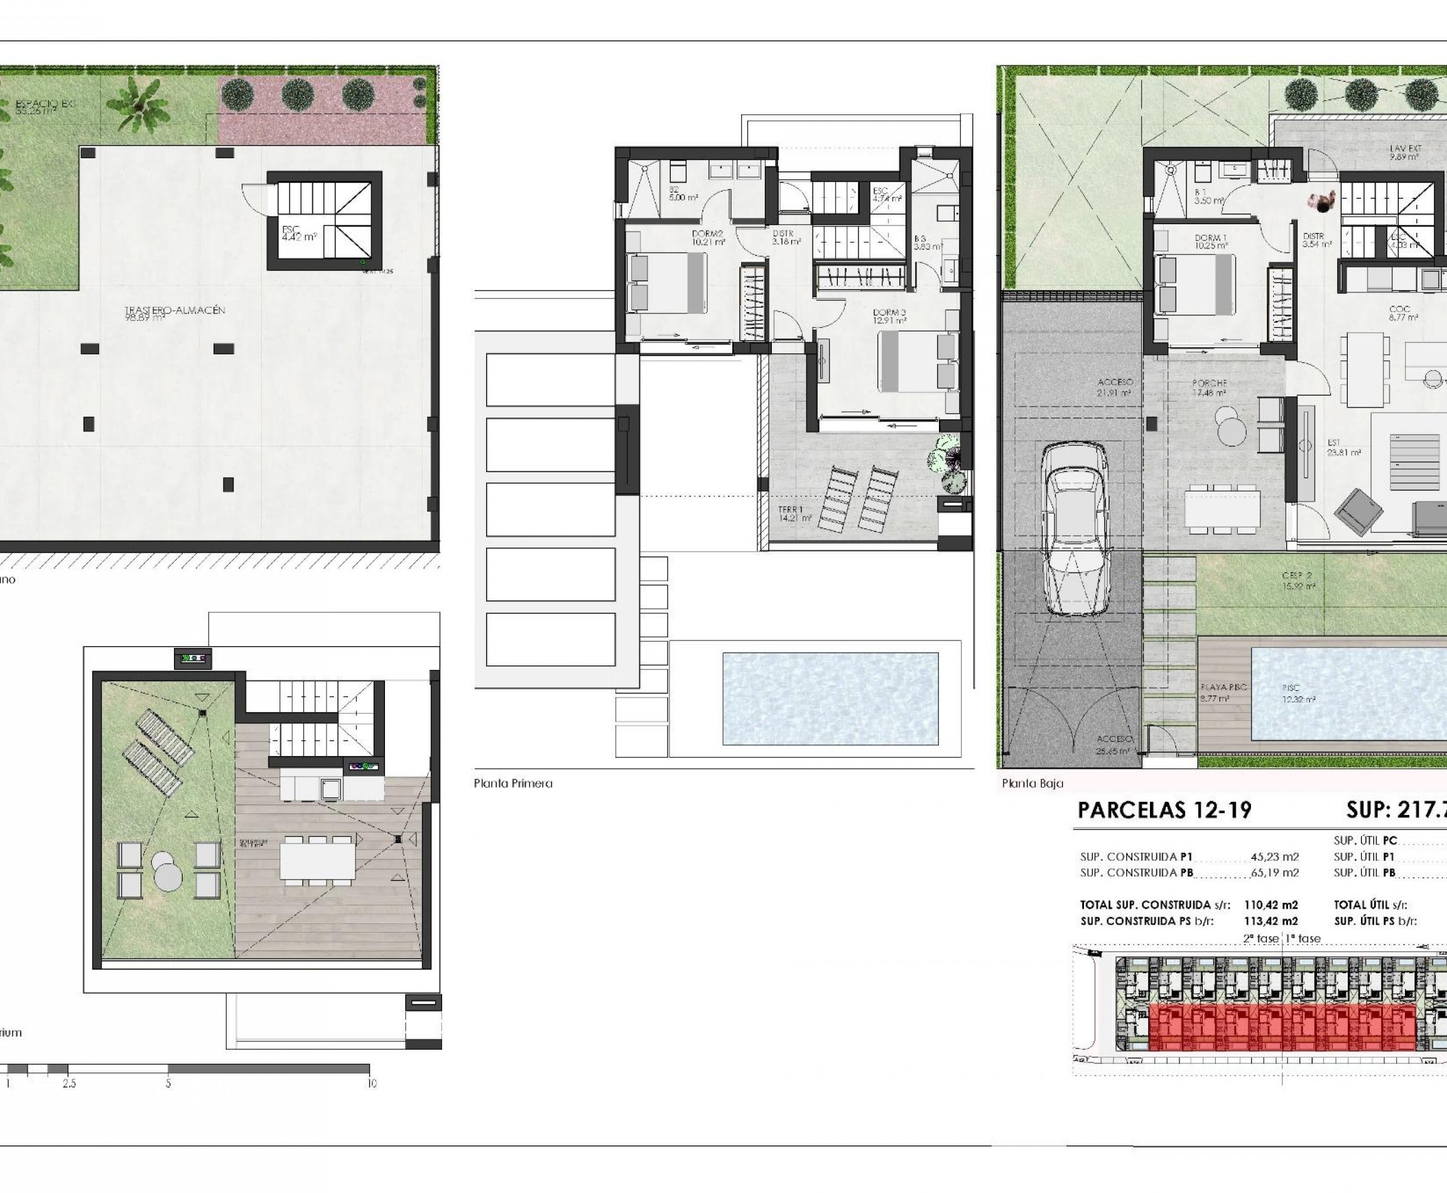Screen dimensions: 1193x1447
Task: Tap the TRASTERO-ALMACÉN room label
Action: pyautogui.click(x=175, y=310)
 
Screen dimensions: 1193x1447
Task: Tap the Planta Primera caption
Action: pyautogui.click(x=513, y=783)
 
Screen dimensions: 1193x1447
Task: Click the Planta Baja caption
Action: pyautogui.click(x=1032, y=783)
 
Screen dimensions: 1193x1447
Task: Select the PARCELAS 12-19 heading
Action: pyautogui.click(x=1164, y=811)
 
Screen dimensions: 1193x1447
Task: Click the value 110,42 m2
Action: pyautogui.click(x=1271, y=905)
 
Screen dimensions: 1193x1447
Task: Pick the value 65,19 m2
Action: pyautogui.click(x=1274, y=873)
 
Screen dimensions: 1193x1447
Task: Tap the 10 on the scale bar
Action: pyautogui.click(x=372, y=1084)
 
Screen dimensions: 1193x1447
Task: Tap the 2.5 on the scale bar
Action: pyautogui.click(x=68, y=1084)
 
